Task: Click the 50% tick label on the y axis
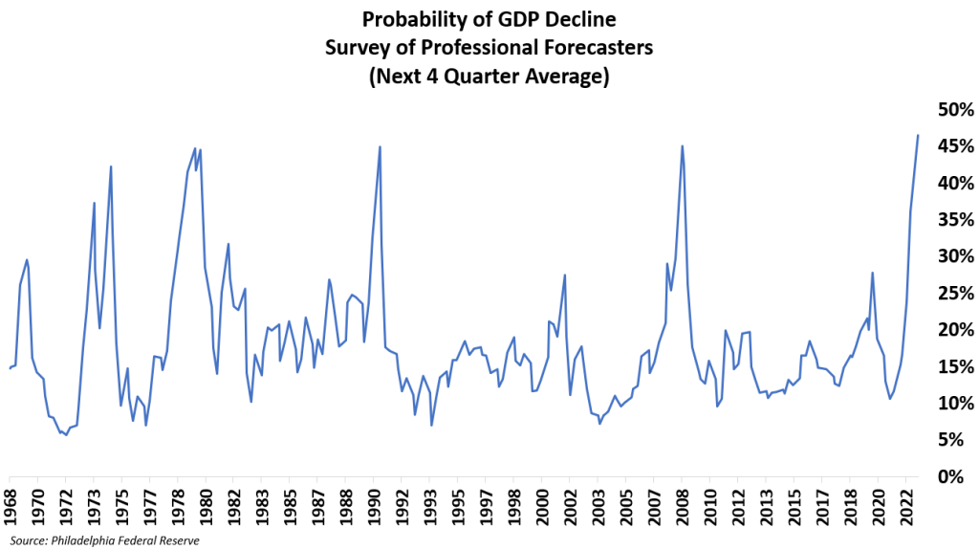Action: click(x=946, y=109)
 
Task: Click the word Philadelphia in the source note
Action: click(x=91, y=541)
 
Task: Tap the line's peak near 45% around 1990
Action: click(x=380, y=146)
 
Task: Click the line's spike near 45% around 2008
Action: click(x=682, y=146)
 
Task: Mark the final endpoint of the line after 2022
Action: click(x=918, y=135)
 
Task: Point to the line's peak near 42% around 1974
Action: click(x=111, y=166)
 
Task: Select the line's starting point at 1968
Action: click(x=10, y=368)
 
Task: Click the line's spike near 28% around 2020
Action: click(x=872, y=273)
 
